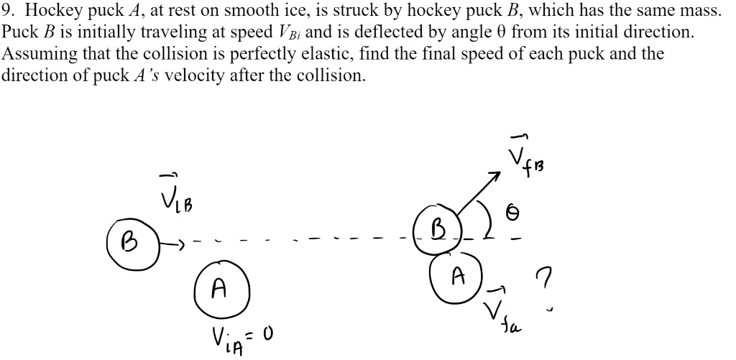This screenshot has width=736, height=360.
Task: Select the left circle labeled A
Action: [x=221, y=289]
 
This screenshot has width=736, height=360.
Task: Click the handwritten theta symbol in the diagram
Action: [x=512, y=213]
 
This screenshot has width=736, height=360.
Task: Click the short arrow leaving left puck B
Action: [x=173, y=243]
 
